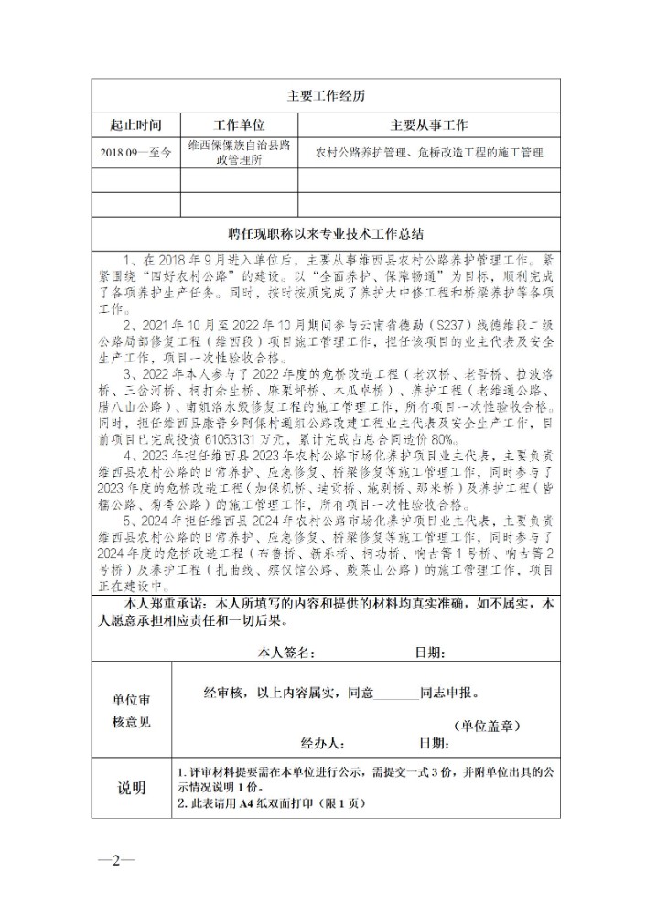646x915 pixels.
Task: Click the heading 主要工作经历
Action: [x=327, y=95]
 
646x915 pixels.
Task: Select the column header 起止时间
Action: [x=135, y=125]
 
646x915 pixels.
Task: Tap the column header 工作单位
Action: [x=239, y=125]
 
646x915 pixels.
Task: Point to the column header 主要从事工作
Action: [x=429, y=125]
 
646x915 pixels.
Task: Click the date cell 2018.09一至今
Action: [x=135, y=153]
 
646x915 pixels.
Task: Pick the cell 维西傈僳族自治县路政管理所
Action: [x=239, y=153]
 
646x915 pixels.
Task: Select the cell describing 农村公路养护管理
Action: [x=429, y=153]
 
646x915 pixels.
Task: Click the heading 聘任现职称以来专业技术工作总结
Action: [x=327, y=232]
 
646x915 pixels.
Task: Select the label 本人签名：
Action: [x=287, y=652]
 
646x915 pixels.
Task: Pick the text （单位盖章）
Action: [x=487, y=726]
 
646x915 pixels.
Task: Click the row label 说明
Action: [x=131, y=788]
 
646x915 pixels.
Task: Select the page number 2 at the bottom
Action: [x=116, y=860]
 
